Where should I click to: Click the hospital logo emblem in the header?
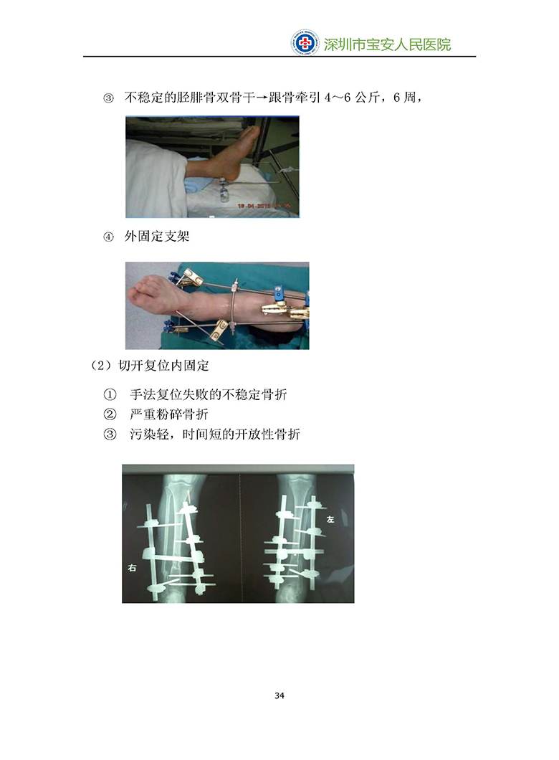[x=305, y=42]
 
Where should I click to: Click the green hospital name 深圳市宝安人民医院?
[x=387, y=44]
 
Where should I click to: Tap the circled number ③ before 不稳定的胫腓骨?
[x=108, y=98]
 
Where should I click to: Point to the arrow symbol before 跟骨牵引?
[x=262, y=98]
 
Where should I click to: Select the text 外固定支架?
[x=157, y=237]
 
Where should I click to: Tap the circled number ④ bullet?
[x=108, y=237]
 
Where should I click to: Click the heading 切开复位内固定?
[x=163, y=366]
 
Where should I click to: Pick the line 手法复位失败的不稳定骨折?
[x=209, y=394]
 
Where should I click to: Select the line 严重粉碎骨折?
[x=169, y=414]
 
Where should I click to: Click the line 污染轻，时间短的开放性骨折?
[x=214, y=434]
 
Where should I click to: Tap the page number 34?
[x=279, y=695]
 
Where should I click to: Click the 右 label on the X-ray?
[x=132, y=568]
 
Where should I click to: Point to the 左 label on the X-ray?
[x=330, y=519]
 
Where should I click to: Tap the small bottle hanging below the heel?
[x=224, y=194]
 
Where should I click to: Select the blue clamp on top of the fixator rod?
[x=278, y=293]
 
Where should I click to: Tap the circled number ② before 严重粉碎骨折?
[x=110, y=414]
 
